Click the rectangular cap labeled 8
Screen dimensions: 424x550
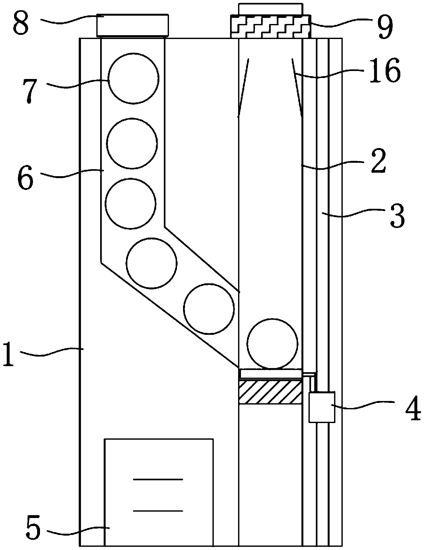pyautogui.click(x=132, y=25)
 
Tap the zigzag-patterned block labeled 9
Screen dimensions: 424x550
pyautogui.click(x=270, y=26)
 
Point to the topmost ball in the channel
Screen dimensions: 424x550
pyautogui.click(x=133, y=78)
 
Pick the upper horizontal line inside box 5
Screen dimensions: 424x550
pyautogui.click(x=158, y=479)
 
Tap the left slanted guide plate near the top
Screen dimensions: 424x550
pyautogui.click(x=244, y=88)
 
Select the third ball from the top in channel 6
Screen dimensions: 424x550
pyautogui.click(x=131, y=203)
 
